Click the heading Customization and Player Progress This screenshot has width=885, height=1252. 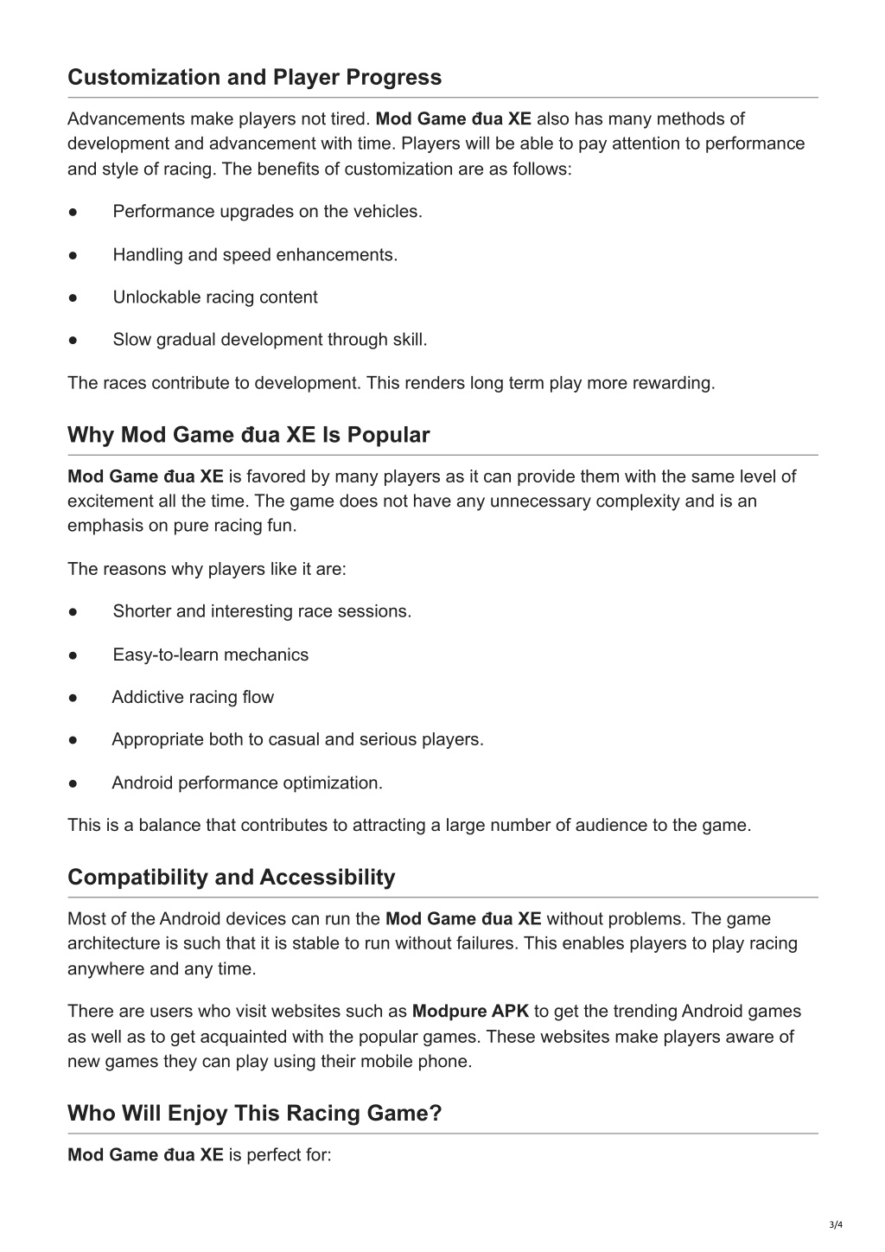(254, 78)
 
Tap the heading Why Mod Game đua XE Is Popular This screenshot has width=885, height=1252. (248, 435)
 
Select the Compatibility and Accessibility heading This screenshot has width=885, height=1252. (231, 878)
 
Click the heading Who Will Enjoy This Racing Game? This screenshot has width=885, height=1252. (254, 1114)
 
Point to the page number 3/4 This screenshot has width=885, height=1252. (835, 1224)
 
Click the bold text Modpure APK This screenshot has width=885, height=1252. (470, 1012)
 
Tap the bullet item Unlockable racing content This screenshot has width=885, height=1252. (215, 297)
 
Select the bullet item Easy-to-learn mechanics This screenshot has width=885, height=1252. (210, 655)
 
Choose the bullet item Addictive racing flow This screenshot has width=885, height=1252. (193, 698)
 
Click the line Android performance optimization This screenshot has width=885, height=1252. (247, 783)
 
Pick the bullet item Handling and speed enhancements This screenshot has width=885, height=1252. (255, 255)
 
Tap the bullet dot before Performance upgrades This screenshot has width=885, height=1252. (73, 213)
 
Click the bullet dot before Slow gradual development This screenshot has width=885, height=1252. (73, 341)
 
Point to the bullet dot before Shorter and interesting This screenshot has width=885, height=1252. (73, 612)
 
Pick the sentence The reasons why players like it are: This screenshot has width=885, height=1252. (207, 569)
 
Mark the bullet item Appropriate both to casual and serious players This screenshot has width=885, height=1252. (297, 740)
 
